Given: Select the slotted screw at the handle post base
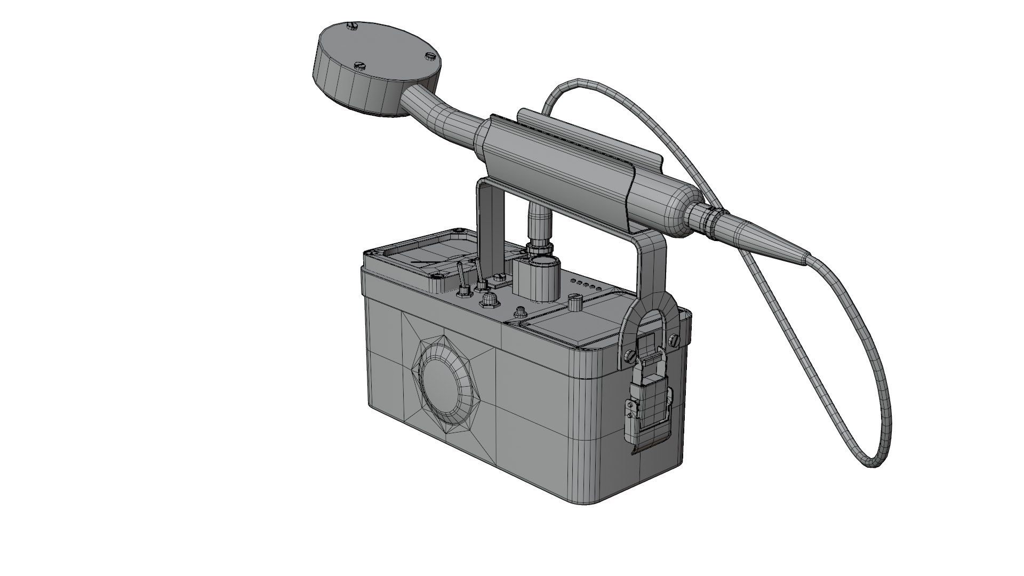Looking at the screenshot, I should coord(500,277).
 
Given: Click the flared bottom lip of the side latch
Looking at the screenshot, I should coord(650,449).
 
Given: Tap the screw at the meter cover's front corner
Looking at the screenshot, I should coord(437,276).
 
